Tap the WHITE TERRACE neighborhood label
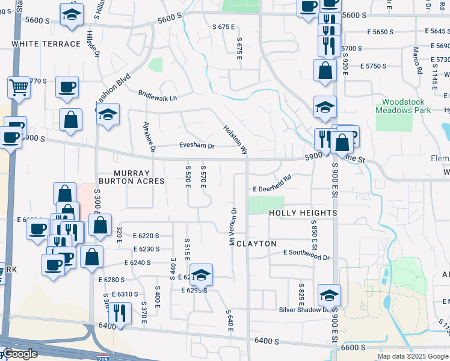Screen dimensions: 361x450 (x=46, y=44)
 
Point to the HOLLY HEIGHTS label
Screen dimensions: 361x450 (x=303, y=214)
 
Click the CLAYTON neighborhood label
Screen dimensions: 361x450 (x=256, y=244)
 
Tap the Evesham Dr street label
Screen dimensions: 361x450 (x=196, y=146)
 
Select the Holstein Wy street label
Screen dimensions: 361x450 (x=235, y=139)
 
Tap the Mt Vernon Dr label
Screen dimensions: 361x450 (x=232, y=227)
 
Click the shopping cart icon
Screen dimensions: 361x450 (x=19, y=87)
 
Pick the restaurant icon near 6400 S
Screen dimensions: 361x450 (x=119, y=312)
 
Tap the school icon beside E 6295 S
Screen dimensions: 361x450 (x=201, y=274)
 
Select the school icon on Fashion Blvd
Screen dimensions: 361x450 (x=108, y=114)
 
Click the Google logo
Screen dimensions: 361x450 (x=19, y=354)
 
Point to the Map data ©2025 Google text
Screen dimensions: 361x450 (x=412, y=356)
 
